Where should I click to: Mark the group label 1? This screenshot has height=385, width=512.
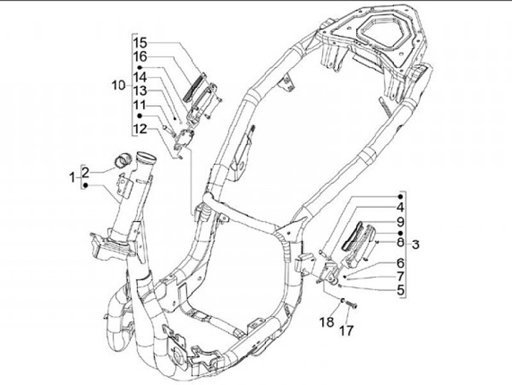point(71,177)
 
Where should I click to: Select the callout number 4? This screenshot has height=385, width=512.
point(400,207)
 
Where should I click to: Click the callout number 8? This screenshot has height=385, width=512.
point(400,243)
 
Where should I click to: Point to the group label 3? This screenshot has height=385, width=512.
point(416,246)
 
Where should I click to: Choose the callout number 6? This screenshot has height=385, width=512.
point(400,263)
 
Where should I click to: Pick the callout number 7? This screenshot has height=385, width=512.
point(400,275)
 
